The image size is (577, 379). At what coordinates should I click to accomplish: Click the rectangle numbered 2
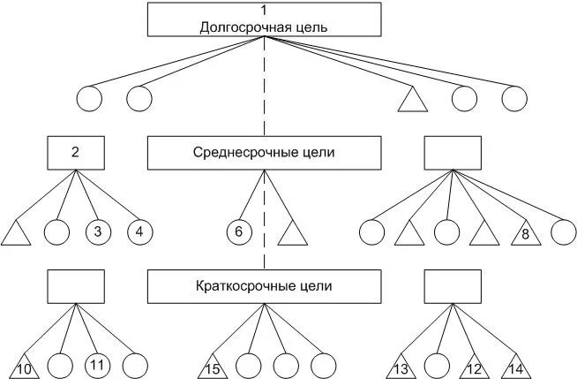pyautogui.click(x=75, y=152)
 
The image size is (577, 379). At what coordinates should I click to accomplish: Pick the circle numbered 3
pyautogui.click(x=98, y=232)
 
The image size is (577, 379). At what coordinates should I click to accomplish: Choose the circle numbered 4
pyautogui.click(x=139, y=232)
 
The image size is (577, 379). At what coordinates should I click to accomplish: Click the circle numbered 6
pyautogui.click(x=238, y=232)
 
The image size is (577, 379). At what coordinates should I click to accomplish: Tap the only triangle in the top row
pyautogui.click(x=412, y=100)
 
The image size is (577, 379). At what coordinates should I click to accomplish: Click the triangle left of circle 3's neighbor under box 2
pyautogui.click(x=17, y=234)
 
